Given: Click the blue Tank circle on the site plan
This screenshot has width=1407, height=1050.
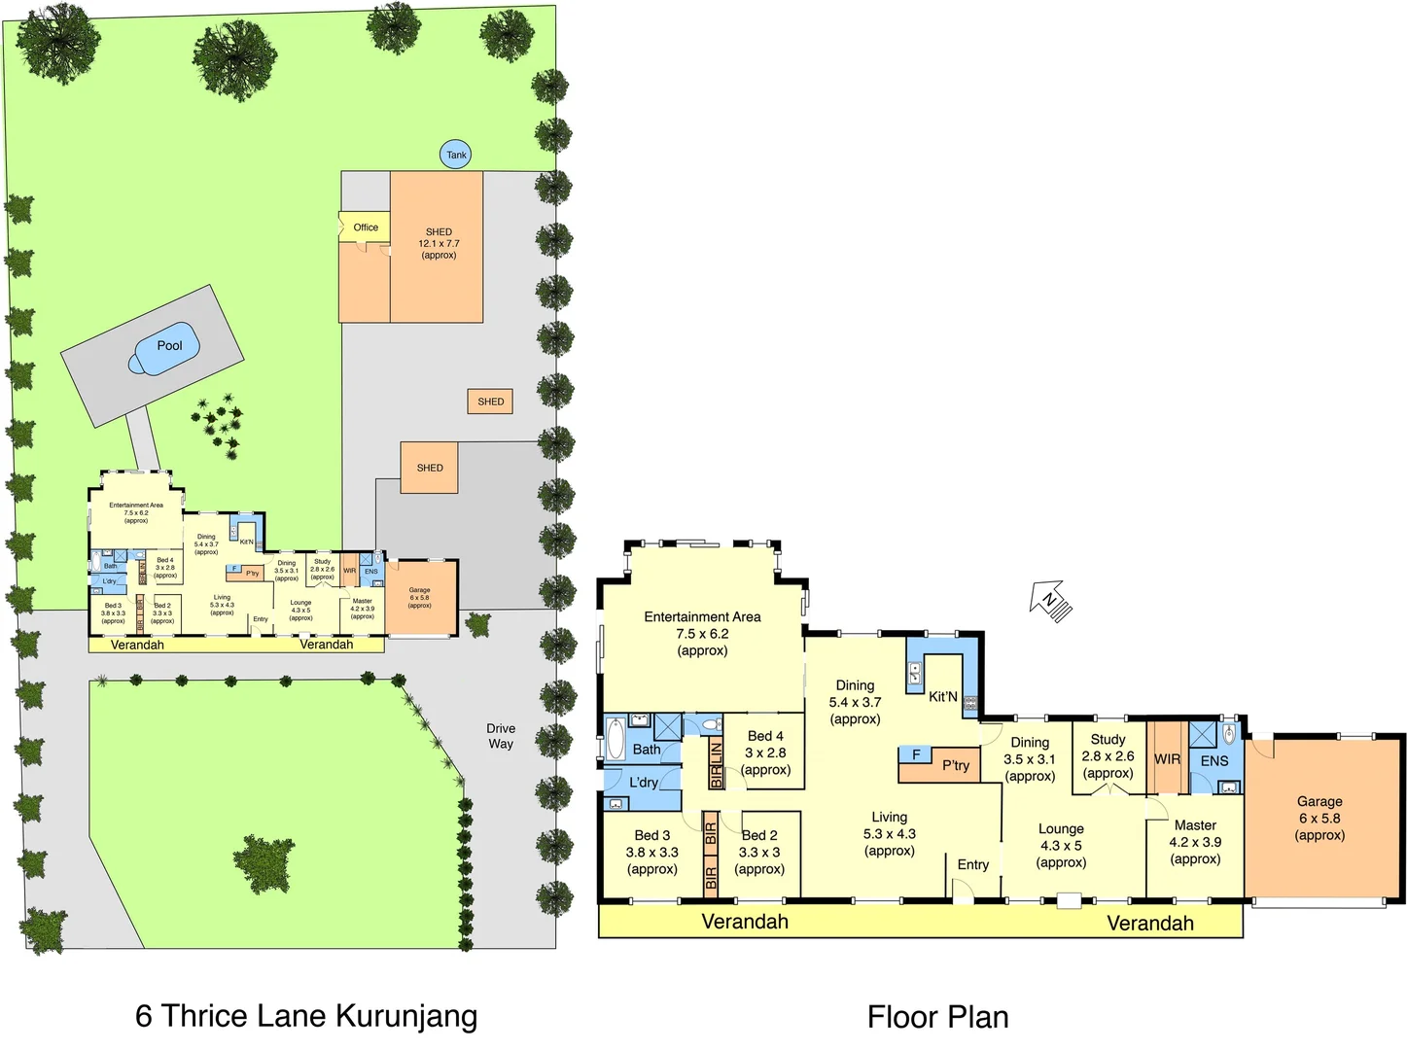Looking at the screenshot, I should coord(456,155).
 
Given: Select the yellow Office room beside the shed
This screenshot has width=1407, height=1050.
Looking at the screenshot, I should coord(365,227).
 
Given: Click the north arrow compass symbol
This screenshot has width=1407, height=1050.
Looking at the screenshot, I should coord(1051,602).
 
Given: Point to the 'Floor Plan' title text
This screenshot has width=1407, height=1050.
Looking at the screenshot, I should coord(937,1017).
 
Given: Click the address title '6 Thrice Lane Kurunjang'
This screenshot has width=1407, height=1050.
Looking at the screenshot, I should coord(306,1015).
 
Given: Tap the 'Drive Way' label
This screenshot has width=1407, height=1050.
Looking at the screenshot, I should coord(501,736).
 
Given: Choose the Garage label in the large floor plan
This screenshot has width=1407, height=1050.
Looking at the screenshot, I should coord(1319,802).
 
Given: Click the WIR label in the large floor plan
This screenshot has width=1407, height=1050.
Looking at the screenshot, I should coord(1167,759).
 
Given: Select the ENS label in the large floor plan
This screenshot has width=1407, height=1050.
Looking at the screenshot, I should coord(1214,761).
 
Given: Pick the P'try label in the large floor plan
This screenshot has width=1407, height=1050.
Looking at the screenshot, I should coord(956,766).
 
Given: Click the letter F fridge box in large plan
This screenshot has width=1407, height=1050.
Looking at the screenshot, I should coord(916,754).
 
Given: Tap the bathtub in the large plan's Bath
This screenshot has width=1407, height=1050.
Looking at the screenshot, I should coord(616,740).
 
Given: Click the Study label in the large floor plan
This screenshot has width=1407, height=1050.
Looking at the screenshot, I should coord(1108,740).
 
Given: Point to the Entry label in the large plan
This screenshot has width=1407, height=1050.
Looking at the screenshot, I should coord(973,864).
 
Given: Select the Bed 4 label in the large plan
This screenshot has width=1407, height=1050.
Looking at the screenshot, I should coord(765,736).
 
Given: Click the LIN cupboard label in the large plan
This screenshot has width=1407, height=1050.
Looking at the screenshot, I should coord(717,752).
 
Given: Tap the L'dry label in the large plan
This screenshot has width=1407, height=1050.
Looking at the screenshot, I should coord(644,783).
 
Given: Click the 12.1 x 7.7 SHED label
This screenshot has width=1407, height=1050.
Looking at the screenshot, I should coord(439,243).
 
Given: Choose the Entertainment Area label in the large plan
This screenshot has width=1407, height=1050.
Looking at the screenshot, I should coord(702,617).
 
